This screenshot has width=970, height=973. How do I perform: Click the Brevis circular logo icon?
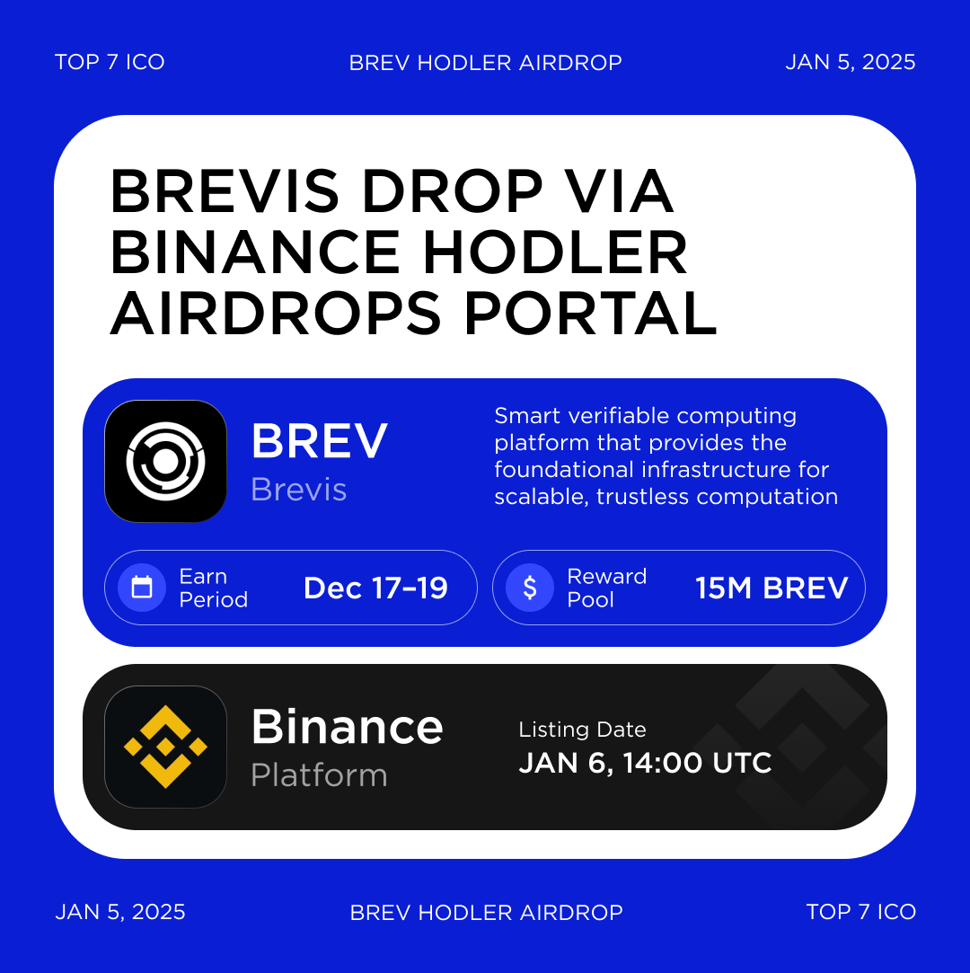point(165,461)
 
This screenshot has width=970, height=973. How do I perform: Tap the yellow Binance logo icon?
point(165,747)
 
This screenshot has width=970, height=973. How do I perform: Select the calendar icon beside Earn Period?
point(142,588)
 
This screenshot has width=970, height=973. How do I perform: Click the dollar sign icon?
point(530,588)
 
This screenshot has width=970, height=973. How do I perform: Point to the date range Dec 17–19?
point(375,588)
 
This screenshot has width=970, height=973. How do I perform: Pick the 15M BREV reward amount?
point(772,588)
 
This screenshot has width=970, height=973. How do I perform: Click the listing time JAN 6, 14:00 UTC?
point(645,763)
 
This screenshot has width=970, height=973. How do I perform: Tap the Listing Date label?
point(582,730)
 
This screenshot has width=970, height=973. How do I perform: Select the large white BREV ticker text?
point(319,440)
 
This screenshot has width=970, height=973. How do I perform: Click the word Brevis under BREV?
point(298,490)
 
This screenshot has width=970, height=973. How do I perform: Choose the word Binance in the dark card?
point(347,726)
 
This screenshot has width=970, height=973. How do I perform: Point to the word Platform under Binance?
point(319,775)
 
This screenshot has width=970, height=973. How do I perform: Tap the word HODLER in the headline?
point(555,252)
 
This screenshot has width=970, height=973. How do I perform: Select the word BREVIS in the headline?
point(225,191)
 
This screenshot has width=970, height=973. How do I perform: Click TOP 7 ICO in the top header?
point(110,62)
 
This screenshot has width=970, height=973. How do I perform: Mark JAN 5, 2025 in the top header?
point(850,62)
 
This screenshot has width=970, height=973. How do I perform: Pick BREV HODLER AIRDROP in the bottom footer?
point(486,913)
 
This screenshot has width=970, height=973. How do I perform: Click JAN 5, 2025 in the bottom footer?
point(120,912)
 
